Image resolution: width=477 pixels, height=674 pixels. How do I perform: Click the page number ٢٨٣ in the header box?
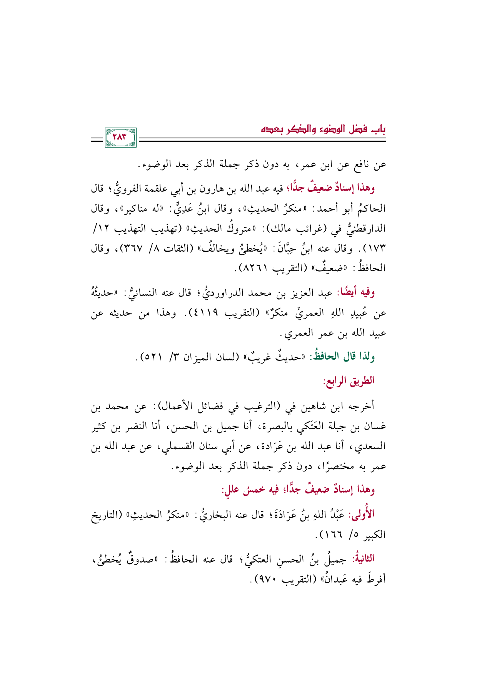tap(120, 138)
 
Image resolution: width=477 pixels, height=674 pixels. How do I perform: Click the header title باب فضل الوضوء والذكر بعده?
tap(323, 129)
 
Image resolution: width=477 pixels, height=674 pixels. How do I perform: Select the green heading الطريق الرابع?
tap(349, 381)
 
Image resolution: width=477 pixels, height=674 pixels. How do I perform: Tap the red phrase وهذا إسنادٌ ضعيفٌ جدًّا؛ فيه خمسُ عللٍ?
tap(298, 490)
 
